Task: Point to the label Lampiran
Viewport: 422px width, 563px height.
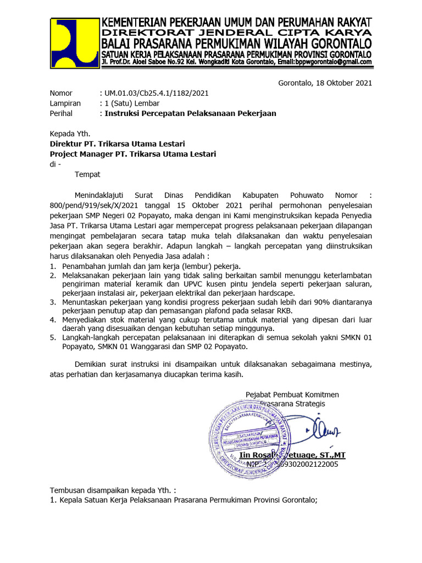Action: tap(65, 103)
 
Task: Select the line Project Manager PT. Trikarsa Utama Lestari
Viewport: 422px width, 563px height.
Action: tap(132, 154)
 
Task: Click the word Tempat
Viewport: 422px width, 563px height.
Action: tap(87, 174)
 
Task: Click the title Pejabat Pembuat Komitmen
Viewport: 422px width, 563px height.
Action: tap(292, 394)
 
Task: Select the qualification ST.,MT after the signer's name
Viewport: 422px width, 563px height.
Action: tap(332, 455)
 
